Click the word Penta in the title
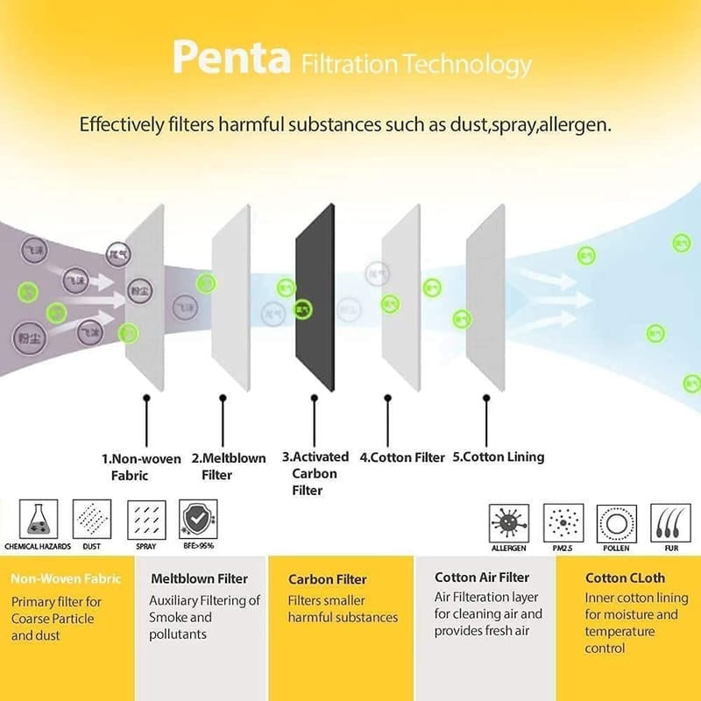pyautogui.click(x=231, y=59)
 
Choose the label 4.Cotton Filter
pyautogui.click(x=402, y=457)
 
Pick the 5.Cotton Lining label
pyautogui.click(x=498, y=457)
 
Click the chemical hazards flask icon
pyautogui.click(x=39, y=519)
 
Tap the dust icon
pyautogui.click(x=91, y=519)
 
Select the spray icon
pyautogui.click(x=145, y=519)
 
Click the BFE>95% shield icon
pyautogui.click(x=197, y=519)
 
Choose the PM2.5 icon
pyautogui.click(x=563, y=523)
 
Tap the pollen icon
pyautogui.click(x=617, y=523)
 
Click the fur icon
pyautogui.click(x=670, y=523)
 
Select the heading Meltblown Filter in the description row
pyautogui.click(x=199, y=579)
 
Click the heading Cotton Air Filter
pyautogui.click(x=482, y=578)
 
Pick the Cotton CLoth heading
pyautogui.click(x=625, y=578)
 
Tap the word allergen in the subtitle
pyautogui.click(x=572, y=124)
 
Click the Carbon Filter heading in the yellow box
pyautogui.click(x=327, y=579)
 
